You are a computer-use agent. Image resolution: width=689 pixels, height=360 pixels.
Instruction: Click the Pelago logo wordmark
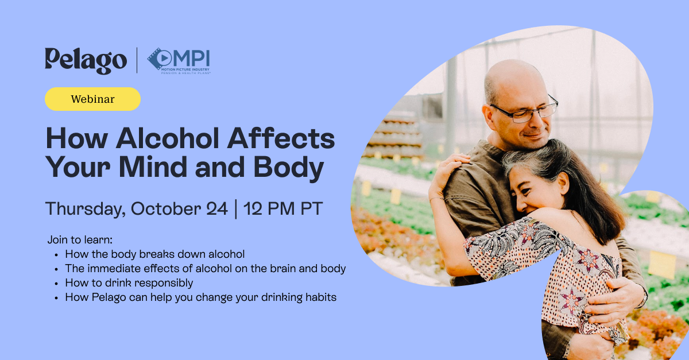click(86, 61)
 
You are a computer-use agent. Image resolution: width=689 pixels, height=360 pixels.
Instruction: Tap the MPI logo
click(179, 61)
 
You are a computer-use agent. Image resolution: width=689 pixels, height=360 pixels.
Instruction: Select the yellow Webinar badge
click(92, 99)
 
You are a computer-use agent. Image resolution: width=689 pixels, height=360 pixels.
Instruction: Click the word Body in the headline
click(288, 169)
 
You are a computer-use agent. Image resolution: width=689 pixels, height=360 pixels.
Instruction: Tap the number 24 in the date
click(217, 208)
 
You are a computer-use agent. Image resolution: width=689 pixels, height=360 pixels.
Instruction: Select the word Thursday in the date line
click(85, 209)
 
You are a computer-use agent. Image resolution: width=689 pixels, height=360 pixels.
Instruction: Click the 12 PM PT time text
click(283, 208)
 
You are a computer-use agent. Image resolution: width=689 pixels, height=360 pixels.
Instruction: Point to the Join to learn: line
click(80, 239)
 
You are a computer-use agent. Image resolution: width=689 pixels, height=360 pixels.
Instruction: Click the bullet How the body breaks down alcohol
click(154, 254)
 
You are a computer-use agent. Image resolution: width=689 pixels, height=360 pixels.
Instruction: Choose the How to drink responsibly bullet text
click(129, 283)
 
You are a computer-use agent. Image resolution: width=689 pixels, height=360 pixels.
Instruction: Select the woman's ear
click(564, 183)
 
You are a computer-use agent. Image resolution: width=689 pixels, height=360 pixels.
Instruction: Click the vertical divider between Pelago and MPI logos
click(137, 60)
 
